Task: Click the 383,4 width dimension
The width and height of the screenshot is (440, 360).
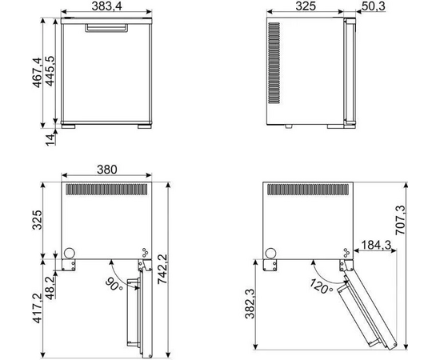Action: [x=106, y=6]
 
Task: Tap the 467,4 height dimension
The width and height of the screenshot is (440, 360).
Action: [x=37, y=72]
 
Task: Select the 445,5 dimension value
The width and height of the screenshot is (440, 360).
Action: [x=50, y=71]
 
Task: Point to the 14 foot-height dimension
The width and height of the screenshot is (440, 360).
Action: [x=50, y=139]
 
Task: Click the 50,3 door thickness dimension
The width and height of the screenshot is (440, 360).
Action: [x=374, y=6]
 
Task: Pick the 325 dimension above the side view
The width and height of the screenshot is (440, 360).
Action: [x=306, y=6]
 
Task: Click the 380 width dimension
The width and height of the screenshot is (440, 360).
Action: [x=107, y=170]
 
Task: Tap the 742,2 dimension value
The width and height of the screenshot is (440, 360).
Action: [x=162, y=269]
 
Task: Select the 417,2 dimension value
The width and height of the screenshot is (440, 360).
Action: [x=37, y=308]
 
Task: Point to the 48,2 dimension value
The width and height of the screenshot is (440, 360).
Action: [x=50, y=288]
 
